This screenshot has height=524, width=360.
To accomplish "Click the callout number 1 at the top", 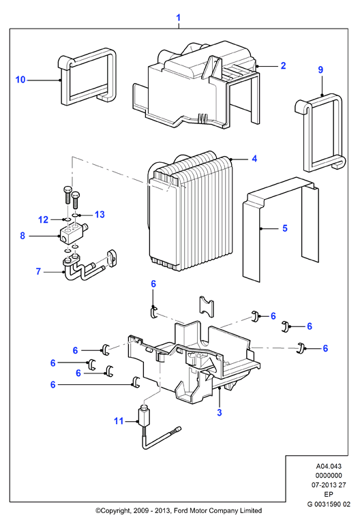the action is (179, 18).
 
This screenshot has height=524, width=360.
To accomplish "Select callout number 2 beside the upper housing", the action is (284, 65).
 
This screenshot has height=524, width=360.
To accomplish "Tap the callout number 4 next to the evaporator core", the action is (254, 158).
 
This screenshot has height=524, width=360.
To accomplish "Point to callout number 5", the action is (285, 228).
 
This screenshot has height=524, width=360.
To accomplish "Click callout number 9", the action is (320, 70).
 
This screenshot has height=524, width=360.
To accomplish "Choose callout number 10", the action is (20, 80).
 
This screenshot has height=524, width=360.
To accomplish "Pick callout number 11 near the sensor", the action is (119, 420).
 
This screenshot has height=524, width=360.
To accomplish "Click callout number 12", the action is (43, 219).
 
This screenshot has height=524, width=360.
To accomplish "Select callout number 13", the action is (100, 214).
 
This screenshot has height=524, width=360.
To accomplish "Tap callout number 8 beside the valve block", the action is (22, 236).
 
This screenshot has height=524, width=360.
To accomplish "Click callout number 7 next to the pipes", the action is (38, 271).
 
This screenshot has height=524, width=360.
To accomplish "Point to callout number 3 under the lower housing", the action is (220, 412).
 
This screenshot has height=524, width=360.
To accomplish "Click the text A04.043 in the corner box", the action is (329, 466).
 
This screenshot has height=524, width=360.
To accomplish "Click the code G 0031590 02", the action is (329, 504).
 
